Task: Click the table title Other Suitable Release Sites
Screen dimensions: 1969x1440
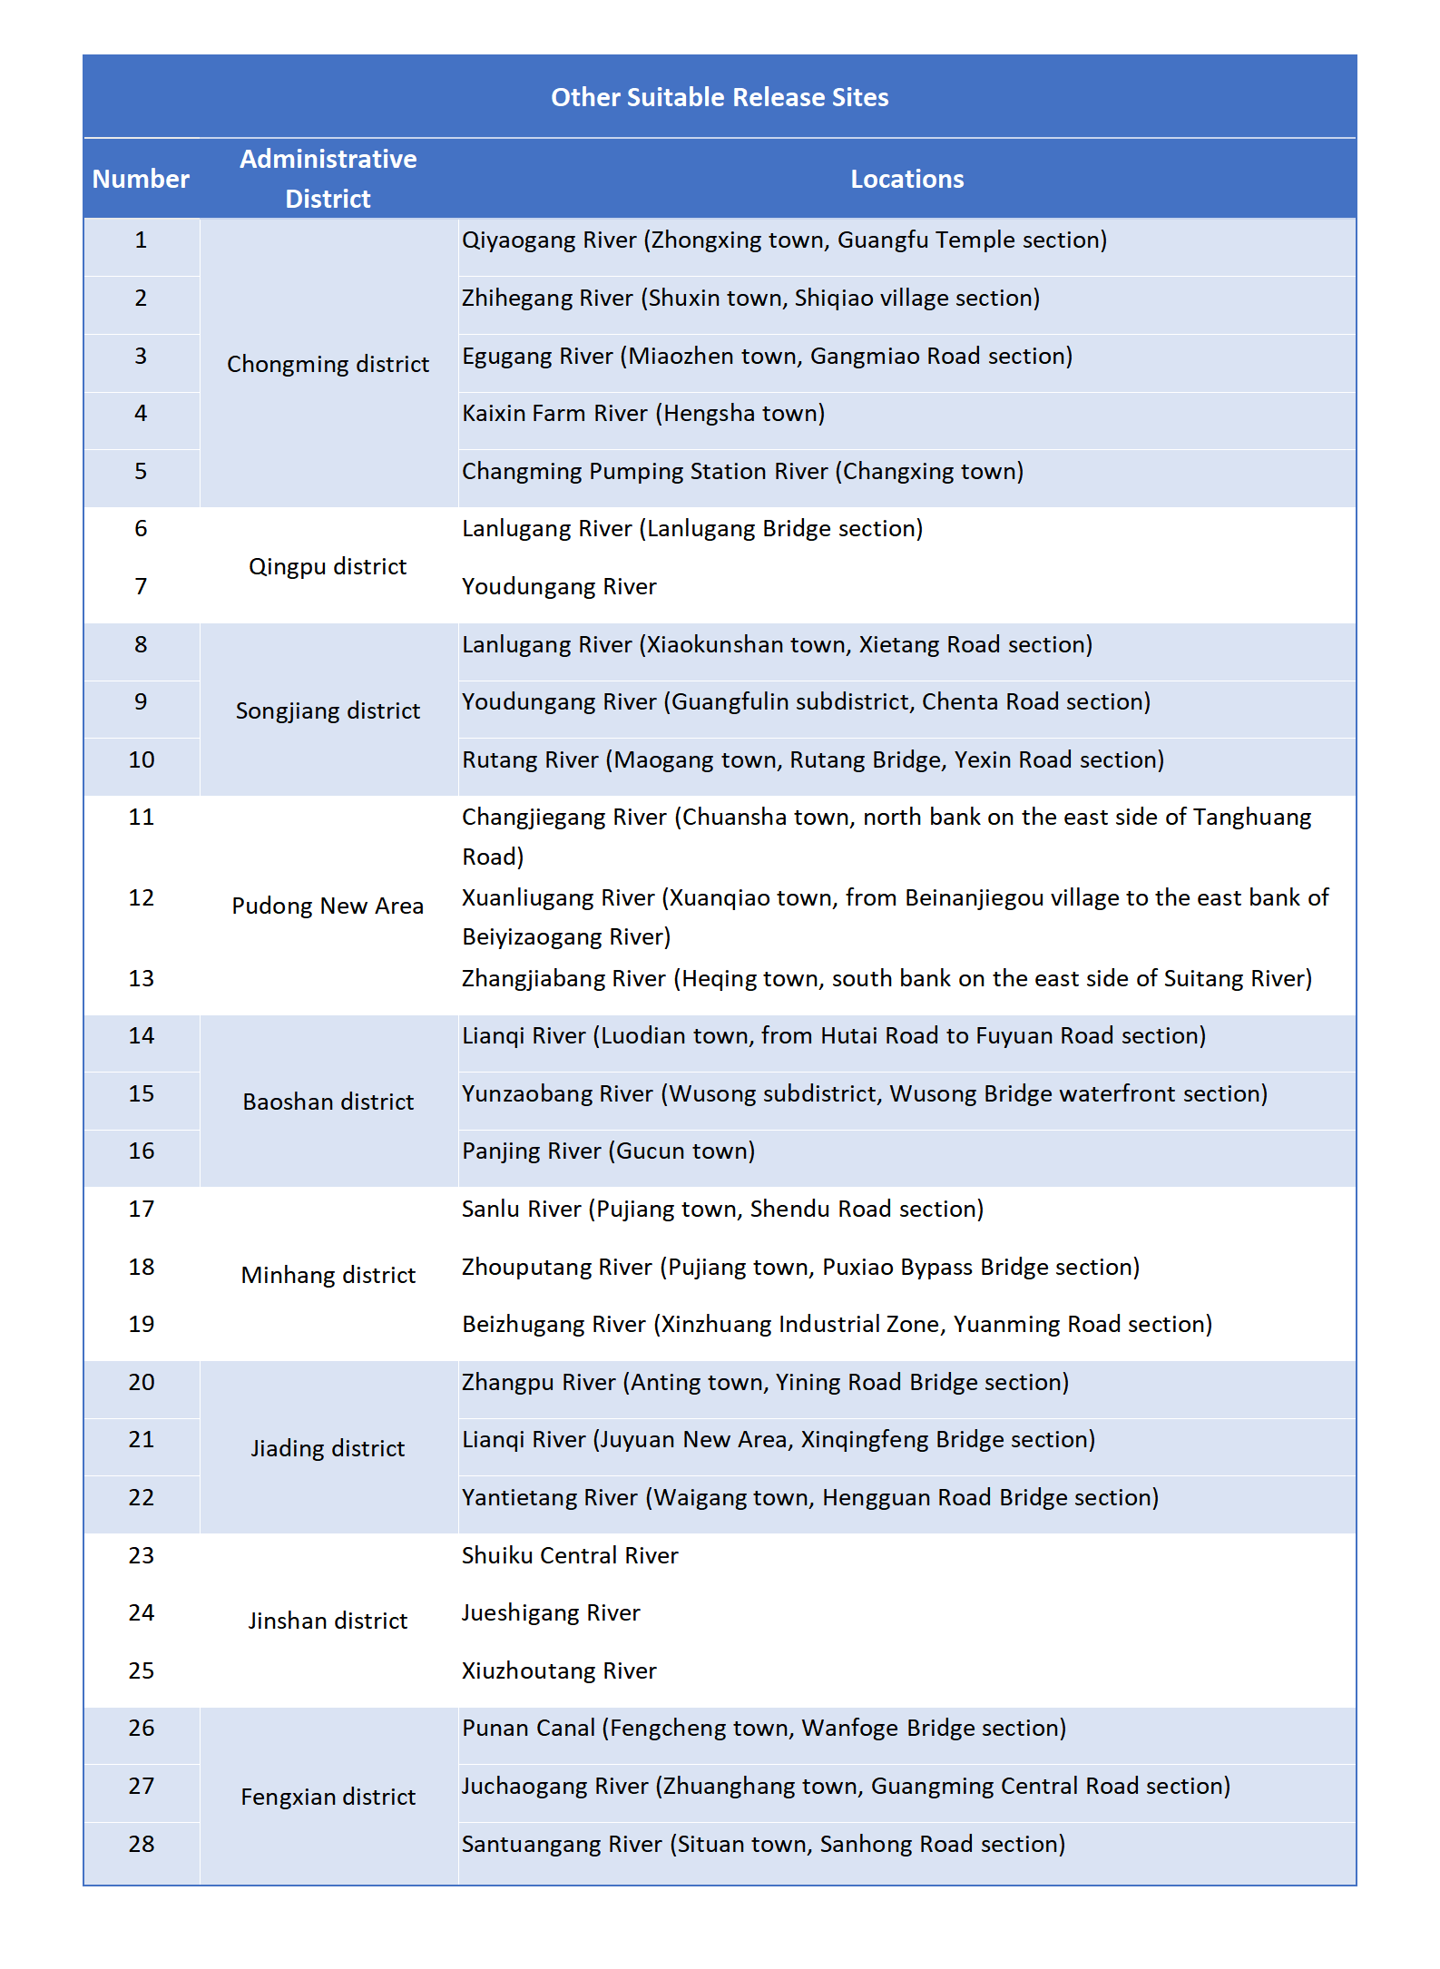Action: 720,97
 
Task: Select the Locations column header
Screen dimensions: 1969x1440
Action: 906,179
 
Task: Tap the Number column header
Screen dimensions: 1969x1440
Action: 141,179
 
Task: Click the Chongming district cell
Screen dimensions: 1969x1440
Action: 328,364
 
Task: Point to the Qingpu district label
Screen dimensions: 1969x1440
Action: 328,566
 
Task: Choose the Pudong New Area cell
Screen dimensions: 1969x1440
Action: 328,906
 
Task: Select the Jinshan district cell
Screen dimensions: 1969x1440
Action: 328,1621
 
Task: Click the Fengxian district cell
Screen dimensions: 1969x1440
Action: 328,1797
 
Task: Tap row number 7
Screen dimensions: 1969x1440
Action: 141,586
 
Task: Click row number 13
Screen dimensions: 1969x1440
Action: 141,978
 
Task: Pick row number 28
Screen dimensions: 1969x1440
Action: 141,1844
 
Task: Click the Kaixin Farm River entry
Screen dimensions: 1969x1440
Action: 643,413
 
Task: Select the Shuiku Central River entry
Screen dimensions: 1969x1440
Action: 570,1555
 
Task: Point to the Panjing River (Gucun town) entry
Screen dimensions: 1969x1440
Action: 608,1151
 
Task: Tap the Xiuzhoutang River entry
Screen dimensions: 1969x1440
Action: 559,1670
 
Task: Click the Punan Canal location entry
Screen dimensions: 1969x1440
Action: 763,1728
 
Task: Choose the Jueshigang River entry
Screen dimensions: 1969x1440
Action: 551,1612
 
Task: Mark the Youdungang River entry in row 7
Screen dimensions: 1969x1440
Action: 559,586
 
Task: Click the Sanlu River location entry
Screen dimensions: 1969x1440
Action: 722,1209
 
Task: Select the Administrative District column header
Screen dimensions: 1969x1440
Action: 328,179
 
